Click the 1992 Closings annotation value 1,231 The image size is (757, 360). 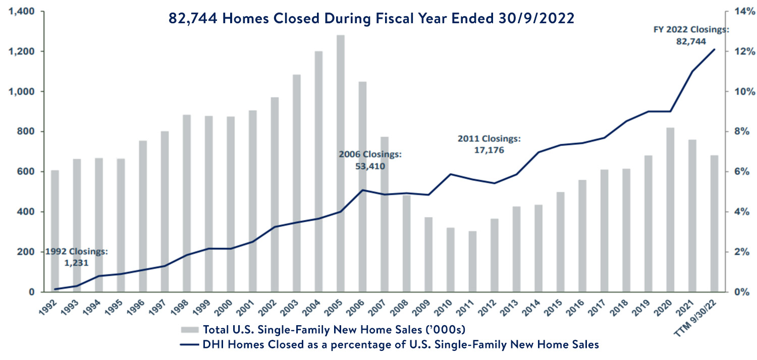point(76,262)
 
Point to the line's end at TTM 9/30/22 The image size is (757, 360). point(714,49)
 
